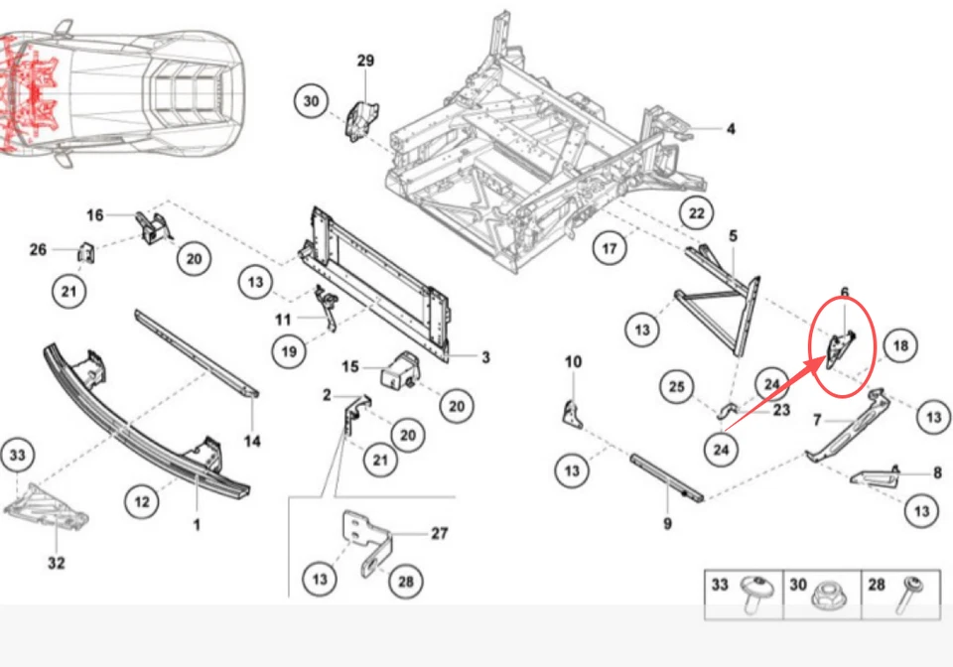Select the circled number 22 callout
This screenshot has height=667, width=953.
[697, 214]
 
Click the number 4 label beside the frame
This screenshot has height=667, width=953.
[731, 129]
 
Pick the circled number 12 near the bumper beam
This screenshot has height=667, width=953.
[142, 502]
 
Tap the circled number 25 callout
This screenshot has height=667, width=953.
[677, 386]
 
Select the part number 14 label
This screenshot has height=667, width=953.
[252, 441]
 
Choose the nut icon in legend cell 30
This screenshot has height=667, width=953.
[822, 597]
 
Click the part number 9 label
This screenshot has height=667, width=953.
[667, 523]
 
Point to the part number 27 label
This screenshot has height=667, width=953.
[440, 533]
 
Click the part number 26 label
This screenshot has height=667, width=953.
[38, 249]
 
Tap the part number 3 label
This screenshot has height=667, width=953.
[485, 357]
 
